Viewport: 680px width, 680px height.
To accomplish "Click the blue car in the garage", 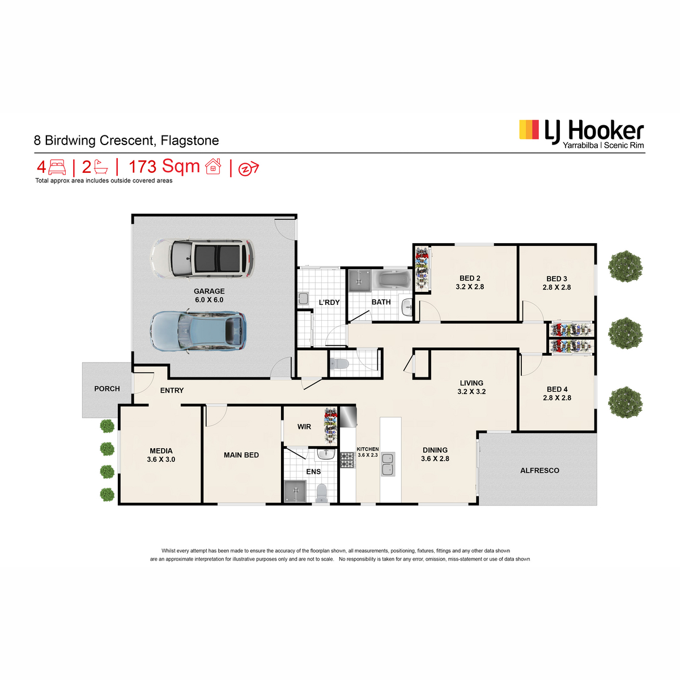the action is [x=198, y=331].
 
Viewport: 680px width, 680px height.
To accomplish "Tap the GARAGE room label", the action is [x=209, y=291].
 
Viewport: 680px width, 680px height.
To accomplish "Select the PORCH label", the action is [x=107, y=389].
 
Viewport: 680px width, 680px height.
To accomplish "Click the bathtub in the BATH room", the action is [x=392, y=279].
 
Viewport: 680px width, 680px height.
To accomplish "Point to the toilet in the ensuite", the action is [x=321, y=492].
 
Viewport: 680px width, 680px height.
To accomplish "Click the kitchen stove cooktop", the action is [x=347, y=460].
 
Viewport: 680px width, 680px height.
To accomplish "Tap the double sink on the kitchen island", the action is [x=388, y=464].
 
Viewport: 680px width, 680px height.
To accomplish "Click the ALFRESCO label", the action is [x=539, y=470].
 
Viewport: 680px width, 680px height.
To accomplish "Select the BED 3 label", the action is [x=556, y=279].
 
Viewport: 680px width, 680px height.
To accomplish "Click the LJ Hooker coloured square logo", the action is [x=529, y=130].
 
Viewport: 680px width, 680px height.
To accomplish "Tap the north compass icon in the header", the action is [x=248, y=168].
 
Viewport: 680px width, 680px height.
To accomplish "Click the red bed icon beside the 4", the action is [x=57, y=167].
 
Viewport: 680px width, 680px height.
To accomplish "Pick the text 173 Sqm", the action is [x=164, y=167].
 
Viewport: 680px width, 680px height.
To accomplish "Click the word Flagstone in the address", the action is [x=189, y=141].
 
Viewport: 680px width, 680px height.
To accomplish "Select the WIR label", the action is [x=304, y=427].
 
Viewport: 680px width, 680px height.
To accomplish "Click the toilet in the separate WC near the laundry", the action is [x=339, y=363].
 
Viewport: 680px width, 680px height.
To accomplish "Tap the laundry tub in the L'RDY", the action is [x=303, y=299].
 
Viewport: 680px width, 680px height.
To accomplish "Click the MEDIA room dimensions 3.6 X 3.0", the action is [x=161, y=460].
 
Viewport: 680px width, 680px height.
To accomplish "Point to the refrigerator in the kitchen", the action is [x=348, y=416].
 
